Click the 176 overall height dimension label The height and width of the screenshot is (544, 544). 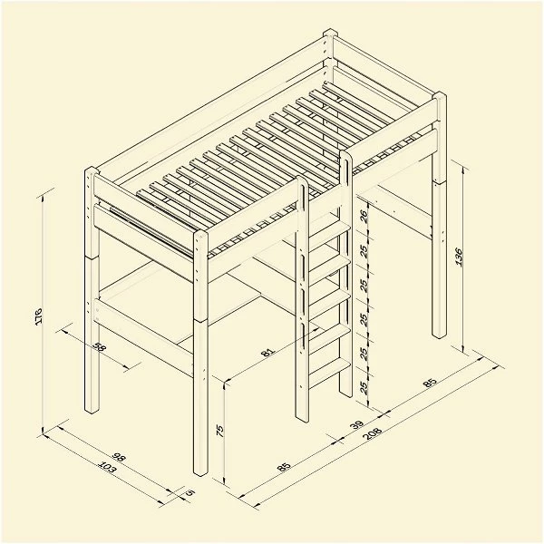coord(39,316)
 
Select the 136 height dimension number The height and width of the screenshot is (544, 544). coord(459,257)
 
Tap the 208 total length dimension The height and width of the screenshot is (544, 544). coord(373,433)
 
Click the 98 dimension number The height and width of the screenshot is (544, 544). coord(118,458)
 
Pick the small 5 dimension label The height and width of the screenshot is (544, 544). coord(189,492)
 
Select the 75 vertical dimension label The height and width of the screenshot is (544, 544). coord(220,431)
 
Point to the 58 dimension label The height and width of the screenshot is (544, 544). coord(99,346)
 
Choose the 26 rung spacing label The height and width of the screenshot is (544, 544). coord(364,216)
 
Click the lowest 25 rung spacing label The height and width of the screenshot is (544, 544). coord(364,387)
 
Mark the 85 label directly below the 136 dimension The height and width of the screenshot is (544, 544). coord(430,383)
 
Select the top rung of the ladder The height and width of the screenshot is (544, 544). coord(328,229)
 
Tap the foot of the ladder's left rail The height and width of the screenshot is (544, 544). coord(302,417)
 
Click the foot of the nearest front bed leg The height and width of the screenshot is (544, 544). coord(200,471)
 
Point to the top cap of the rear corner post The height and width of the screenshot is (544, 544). coord(330,34)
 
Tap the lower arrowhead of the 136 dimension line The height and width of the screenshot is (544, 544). coord(463,349)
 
